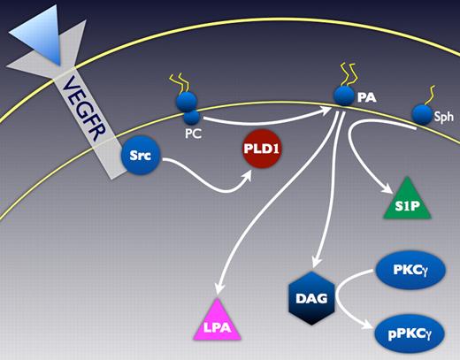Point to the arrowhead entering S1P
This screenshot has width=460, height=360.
click(x=387, y=188)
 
